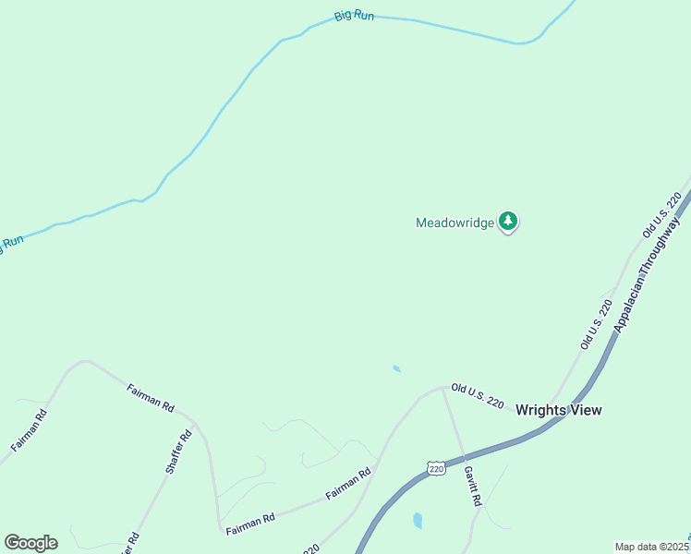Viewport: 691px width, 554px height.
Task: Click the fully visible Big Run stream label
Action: pos(354,16)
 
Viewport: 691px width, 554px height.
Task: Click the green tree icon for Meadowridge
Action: pos(507,221)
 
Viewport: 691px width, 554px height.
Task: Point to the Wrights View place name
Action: pos(558,410)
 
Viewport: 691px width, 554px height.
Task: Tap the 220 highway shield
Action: pos(437,469)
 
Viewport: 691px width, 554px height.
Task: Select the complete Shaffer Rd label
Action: pos(178,452)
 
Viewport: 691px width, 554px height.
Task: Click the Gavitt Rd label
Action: pos(473,486)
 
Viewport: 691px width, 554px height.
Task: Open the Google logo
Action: pos(30,543)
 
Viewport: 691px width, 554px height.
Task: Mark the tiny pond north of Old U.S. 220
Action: pos(396,369)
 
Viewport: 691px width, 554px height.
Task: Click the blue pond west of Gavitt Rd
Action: pos(418,520)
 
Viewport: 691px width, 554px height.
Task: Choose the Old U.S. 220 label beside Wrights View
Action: pos(477,397)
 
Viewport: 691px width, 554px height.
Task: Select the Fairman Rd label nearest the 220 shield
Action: pos(348,484)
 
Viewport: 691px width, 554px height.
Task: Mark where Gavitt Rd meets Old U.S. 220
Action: pos(443,389)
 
